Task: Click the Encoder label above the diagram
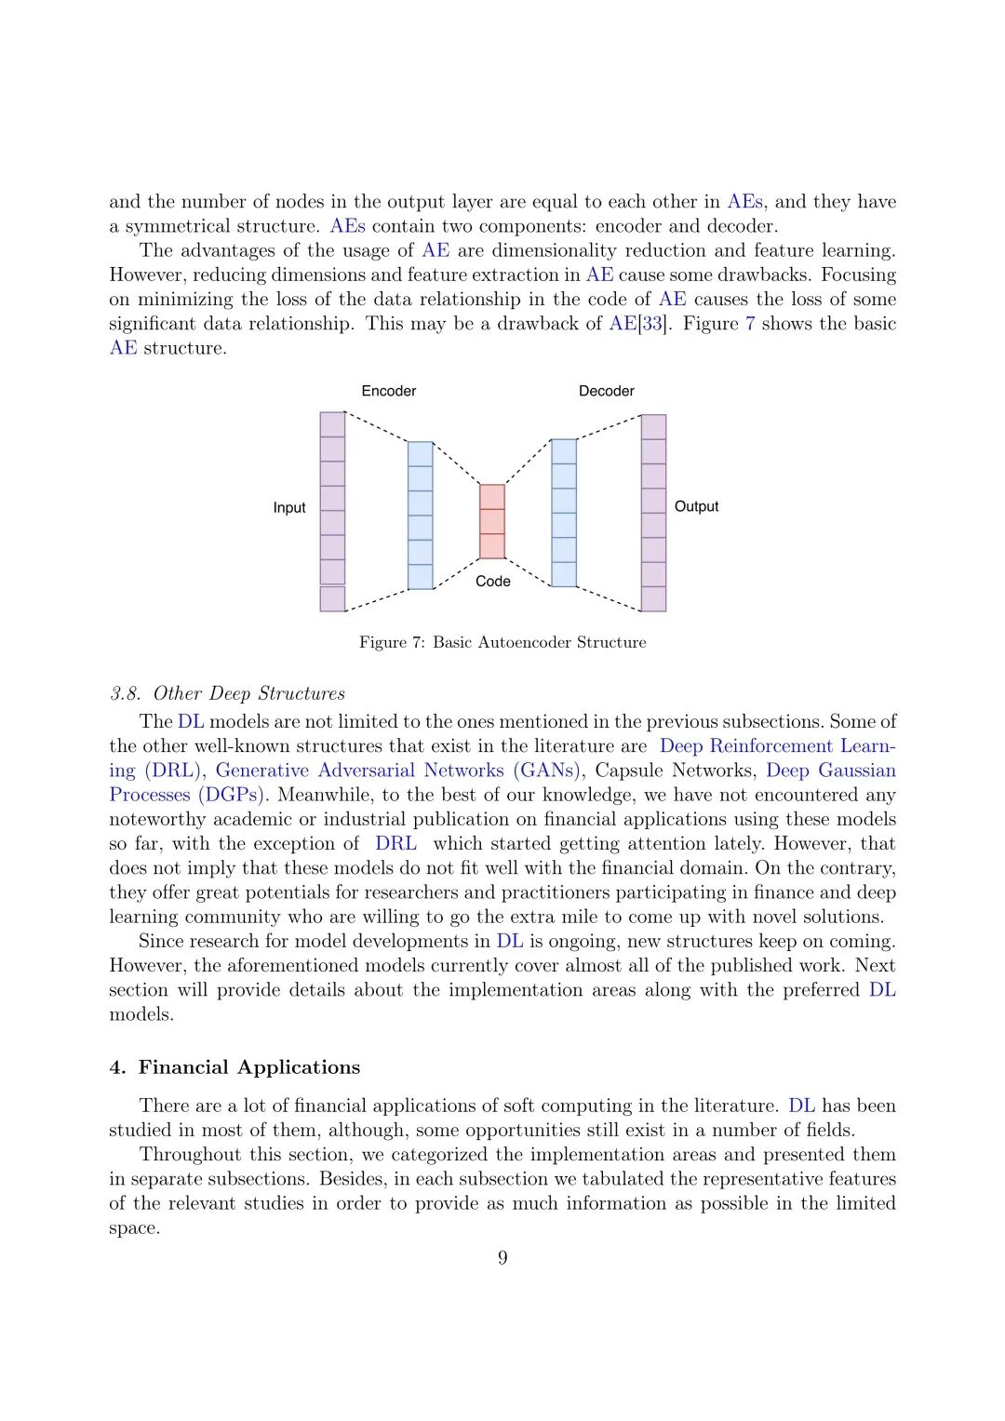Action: pyautogui.click(x=389, y=391)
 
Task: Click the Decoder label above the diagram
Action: pyautogui.click(x=606, y=391)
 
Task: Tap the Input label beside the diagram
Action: pyautogui.click(x=289, y=507)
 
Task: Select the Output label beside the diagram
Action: pyautogui.click(x=696, y=506)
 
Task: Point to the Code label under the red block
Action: pyautogui.click(x=493, y=581)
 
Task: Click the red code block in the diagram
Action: pyautogui.click(x=492, y=521)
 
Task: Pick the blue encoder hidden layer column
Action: pyautogui.click(x=421, y=515)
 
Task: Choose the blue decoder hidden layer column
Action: pyautogui.click(x=564, y=513)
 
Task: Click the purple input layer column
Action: pyautogui.click(x=332, y=511)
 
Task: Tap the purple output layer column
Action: pyautogui.click(x=654, y=513)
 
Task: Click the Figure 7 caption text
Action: pyautogui.click(x=502, y=642)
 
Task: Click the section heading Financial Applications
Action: pyautogui.click(x=249, y=1067)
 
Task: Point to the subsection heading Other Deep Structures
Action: pyautogui.click(x=248, y=693)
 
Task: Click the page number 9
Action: pyautogui.click(x=502, y=1258)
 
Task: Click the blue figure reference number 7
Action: pyautogui.click(x=750, y=324)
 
